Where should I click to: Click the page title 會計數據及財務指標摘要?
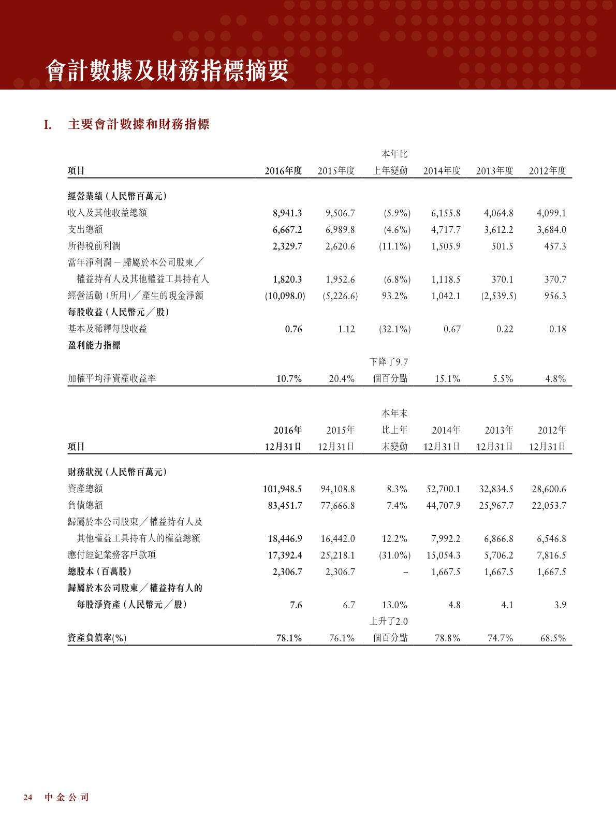(x=167, y=71)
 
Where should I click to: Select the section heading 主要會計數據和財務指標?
(x=139, y=125)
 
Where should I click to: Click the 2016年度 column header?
(x=283, y=171)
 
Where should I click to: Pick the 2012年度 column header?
(x=547, y=171)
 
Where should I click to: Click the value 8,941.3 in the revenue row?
(x=287, y=213)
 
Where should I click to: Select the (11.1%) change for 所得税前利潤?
(x=394, y=246)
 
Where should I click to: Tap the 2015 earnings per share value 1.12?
(x=346, y=329)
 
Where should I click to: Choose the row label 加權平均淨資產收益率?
(x=112, y=378)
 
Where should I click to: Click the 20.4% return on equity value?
(x=342, y=379)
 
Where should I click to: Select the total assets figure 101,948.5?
(x=283, y=489)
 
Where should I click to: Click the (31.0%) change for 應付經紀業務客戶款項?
(x=394, y=555)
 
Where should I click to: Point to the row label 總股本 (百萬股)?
(x=100, y=571)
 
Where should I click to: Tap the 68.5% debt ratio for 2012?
(x=553, y=638)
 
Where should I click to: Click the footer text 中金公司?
(x=67, y=797)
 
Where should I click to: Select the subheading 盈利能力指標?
(x=94, y=346)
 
